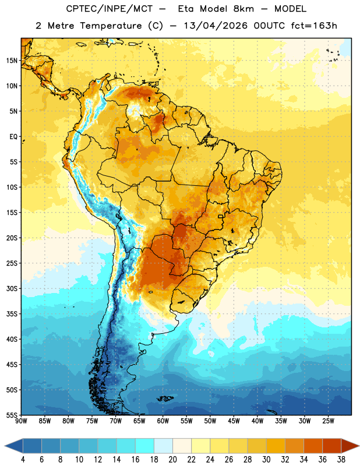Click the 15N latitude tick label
point(12,61)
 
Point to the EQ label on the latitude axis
point(13,137)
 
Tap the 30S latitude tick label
point(12,289)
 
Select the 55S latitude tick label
point(12,415)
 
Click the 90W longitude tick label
point(21,421)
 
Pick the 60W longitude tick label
point(163,421)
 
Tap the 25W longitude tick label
point(328,421)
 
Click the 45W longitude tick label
point(234,421)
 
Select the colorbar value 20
point(172,460)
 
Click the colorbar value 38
point(341,460)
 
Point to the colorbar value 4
point(23,460)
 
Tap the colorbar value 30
point(266,460)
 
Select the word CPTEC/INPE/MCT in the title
point(109,9)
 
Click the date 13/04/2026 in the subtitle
point(216,26)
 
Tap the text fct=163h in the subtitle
point(314,26)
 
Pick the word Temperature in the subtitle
point(111,26)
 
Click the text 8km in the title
point(243,9)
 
